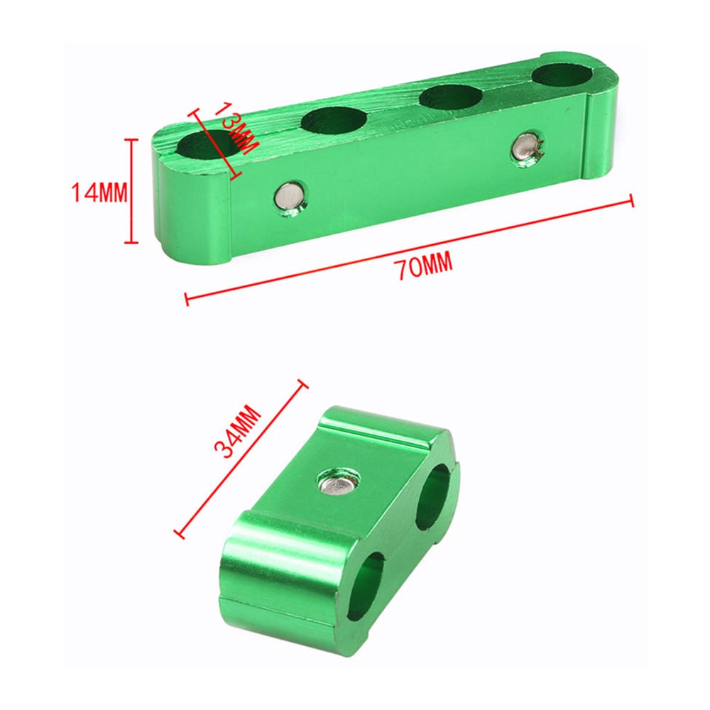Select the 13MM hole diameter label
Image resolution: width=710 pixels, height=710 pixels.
[x=236, y=128]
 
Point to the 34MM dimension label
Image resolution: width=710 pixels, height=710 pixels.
[x=238, y=432]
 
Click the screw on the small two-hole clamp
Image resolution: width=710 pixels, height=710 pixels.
[x=338, y=484]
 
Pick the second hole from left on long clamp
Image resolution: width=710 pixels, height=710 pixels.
[x=334, y=120]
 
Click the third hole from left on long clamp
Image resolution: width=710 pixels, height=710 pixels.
[x=452, y=97]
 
